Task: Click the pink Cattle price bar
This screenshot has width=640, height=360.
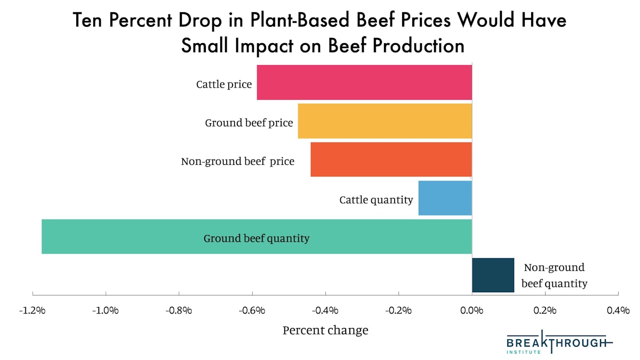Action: (364, 82)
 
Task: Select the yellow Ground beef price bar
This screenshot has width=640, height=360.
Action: (385, 121)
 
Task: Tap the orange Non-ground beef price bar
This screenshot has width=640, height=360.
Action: (391, 159)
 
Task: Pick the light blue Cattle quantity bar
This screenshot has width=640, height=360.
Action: (445, 198)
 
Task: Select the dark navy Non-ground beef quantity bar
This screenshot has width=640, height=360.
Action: (493, 275)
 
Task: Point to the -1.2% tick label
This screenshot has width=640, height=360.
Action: (33, 310)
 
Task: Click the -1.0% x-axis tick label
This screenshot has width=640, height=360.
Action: (106, 310)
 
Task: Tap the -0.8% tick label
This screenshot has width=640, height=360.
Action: (179, 310)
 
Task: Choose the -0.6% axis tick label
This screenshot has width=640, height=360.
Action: (252, 310)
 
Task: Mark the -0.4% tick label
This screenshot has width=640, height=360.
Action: (325, 310)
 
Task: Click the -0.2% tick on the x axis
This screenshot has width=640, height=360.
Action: (399, 310)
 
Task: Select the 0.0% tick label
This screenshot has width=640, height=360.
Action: (472, 310)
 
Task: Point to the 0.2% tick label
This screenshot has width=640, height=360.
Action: (545, 310)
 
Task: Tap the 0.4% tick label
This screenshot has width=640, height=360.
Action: (618, 310)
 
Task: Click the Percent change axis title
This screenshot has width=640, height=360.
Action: (325, 330)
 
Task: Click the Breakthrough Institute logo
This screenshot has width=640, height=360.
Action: (558, 342)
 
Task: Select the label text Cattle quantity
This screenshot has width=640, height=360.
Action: (376, 200)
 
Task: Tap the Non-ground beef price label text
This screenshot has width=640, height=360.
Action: (237, 161)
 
